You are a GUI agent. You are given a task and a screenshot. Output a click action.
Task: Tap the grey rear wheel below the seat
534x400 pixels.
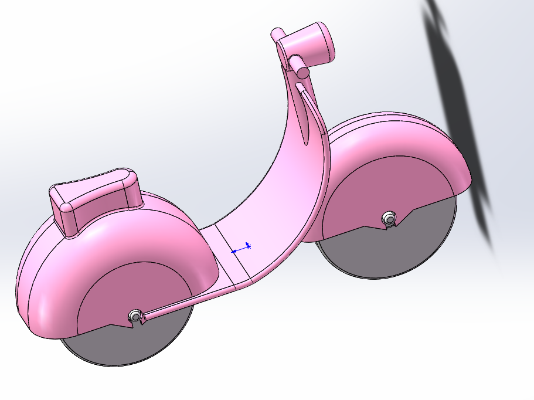129,346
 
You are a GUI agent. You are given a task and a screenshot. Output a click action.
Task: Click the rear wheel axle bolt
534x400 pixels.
136,316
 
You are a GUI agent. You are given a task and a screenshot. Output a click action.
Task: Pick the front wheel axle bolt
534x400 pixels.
388,219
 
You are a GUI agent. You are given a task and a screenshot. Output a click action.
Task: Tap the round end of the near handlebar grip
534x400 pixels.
302,72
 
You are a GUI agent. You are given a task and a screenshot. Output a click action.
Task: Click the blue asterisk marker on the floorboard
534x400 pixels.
249,246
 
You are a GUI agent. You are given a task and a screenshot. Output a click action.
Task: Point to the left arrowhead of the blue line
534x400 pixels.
234,251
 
